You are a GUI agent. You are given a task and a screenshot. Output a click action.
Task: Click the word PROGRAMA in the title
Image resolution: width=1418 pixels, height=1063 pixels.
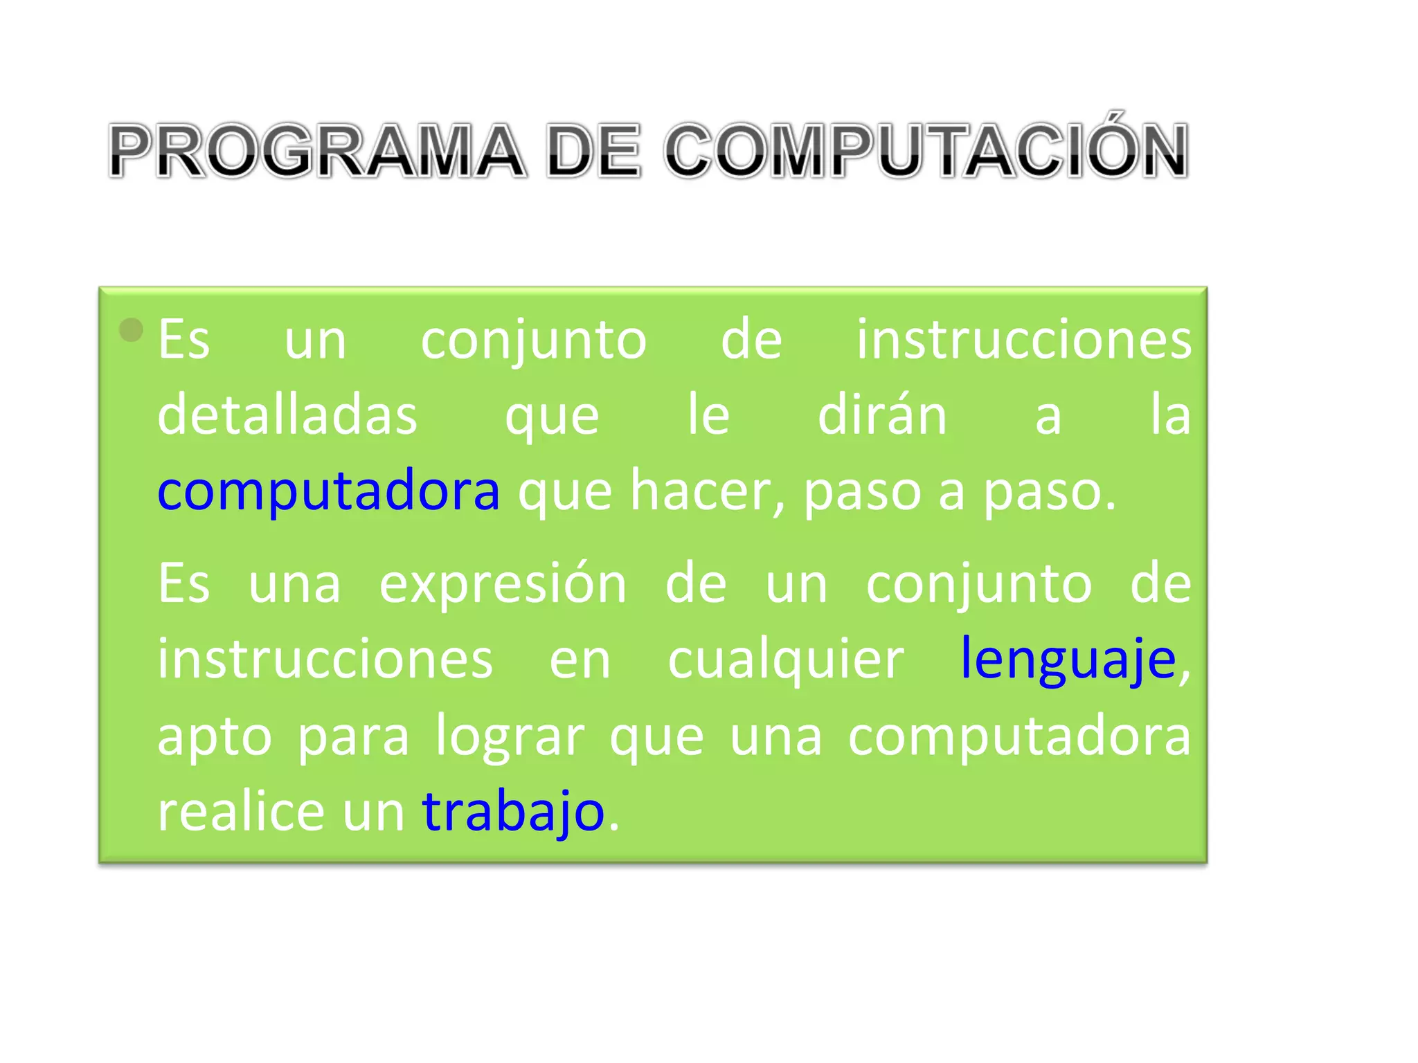(317, 151)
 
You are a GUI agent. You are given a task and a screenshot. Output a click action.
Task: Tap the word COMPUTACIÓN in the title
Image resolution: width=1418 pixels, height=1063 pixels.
(926, 151)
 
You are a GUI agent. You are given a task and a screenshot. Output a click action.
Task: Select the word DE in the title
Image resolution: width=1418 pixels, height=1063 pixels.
(593, 151)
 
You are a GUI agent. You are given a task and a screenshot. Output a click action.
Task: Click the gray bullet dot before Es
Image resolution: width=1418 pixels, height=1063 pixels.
(131, 330)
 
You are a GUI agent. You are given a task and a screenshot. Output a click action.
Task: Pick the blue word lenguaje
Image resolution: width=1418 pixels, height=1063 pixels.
(1068, 659)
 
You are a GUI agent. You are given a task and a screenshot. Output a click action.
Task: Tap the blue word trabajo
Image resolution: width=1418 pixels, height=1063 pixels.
(513, 811)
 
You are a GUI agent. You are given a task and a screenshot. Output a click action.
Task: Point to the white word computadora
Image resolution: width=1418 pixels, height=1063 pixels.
(1019, 736)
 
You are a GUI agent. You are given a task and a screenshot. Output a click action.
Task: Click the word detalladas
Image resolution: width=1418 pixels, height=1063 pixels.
(287, 415)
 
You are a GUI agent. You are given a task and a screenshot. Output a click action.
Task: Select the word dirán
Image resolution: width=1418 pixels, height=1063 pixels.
(882, 415)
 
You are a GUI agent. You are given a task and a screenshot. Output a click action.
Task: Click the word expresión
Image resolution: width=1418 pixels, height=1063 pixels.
(503, 584)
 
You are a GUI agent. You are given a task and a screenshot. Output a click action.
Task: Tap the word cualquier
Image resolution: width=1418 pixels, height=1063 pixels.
(786, 660)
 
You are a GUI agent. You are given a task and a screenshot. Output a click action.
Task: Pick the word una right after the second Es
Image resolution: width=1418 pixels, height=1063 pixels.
(294, 584)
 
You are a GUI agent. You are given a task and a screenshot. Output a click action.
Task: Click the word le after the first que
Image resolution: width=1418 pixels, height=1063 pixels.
(708, 415)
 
